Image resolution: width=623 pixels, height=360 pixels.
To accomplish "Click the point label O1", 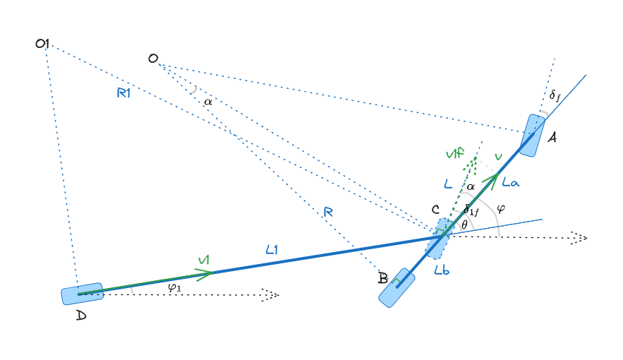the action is point(42,44).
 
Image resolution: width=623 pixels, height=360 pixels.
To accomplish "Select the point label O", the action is point(153,59).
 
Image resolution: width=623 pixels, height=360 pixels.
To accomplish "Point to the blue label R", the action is point(328,212).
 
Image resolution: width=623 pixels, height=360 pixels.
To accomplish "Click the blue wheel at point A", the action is point(531,135).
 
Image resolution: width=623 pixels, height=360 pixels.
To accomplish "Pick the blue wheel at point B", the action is point(397,287).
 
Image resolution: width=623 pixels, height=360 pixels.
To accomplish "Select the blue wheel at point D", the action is point(82,294).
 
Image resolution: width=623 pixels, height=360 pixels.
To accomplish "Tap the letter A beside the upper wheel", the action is point(552,138).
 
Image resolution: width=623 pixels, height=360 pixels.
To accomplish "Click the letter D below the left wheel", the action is point(81,316).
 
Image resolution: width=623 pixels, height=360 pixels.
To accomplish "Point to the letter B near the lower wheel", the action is point(382,278).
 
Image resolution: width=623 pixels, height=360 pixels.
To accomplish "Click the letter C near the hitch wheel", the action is point(436,210).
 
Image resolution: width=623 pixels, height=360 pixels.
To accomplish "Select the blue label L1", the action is point(273,248).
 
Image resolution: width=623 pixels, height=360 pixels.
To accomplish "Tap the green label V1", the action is point(204,261).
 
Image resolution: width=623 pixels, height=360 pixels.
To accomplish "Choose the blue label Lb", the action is point(442,270).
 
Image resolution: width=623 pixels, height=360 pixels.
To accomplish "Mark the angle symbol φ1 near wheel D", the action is point(174,287).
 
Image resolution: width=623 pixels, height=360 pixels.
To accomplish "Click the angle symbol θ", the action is point(464,224).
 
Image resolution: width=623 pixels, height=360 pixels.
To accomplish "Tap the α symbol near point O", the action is point(207,102).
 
